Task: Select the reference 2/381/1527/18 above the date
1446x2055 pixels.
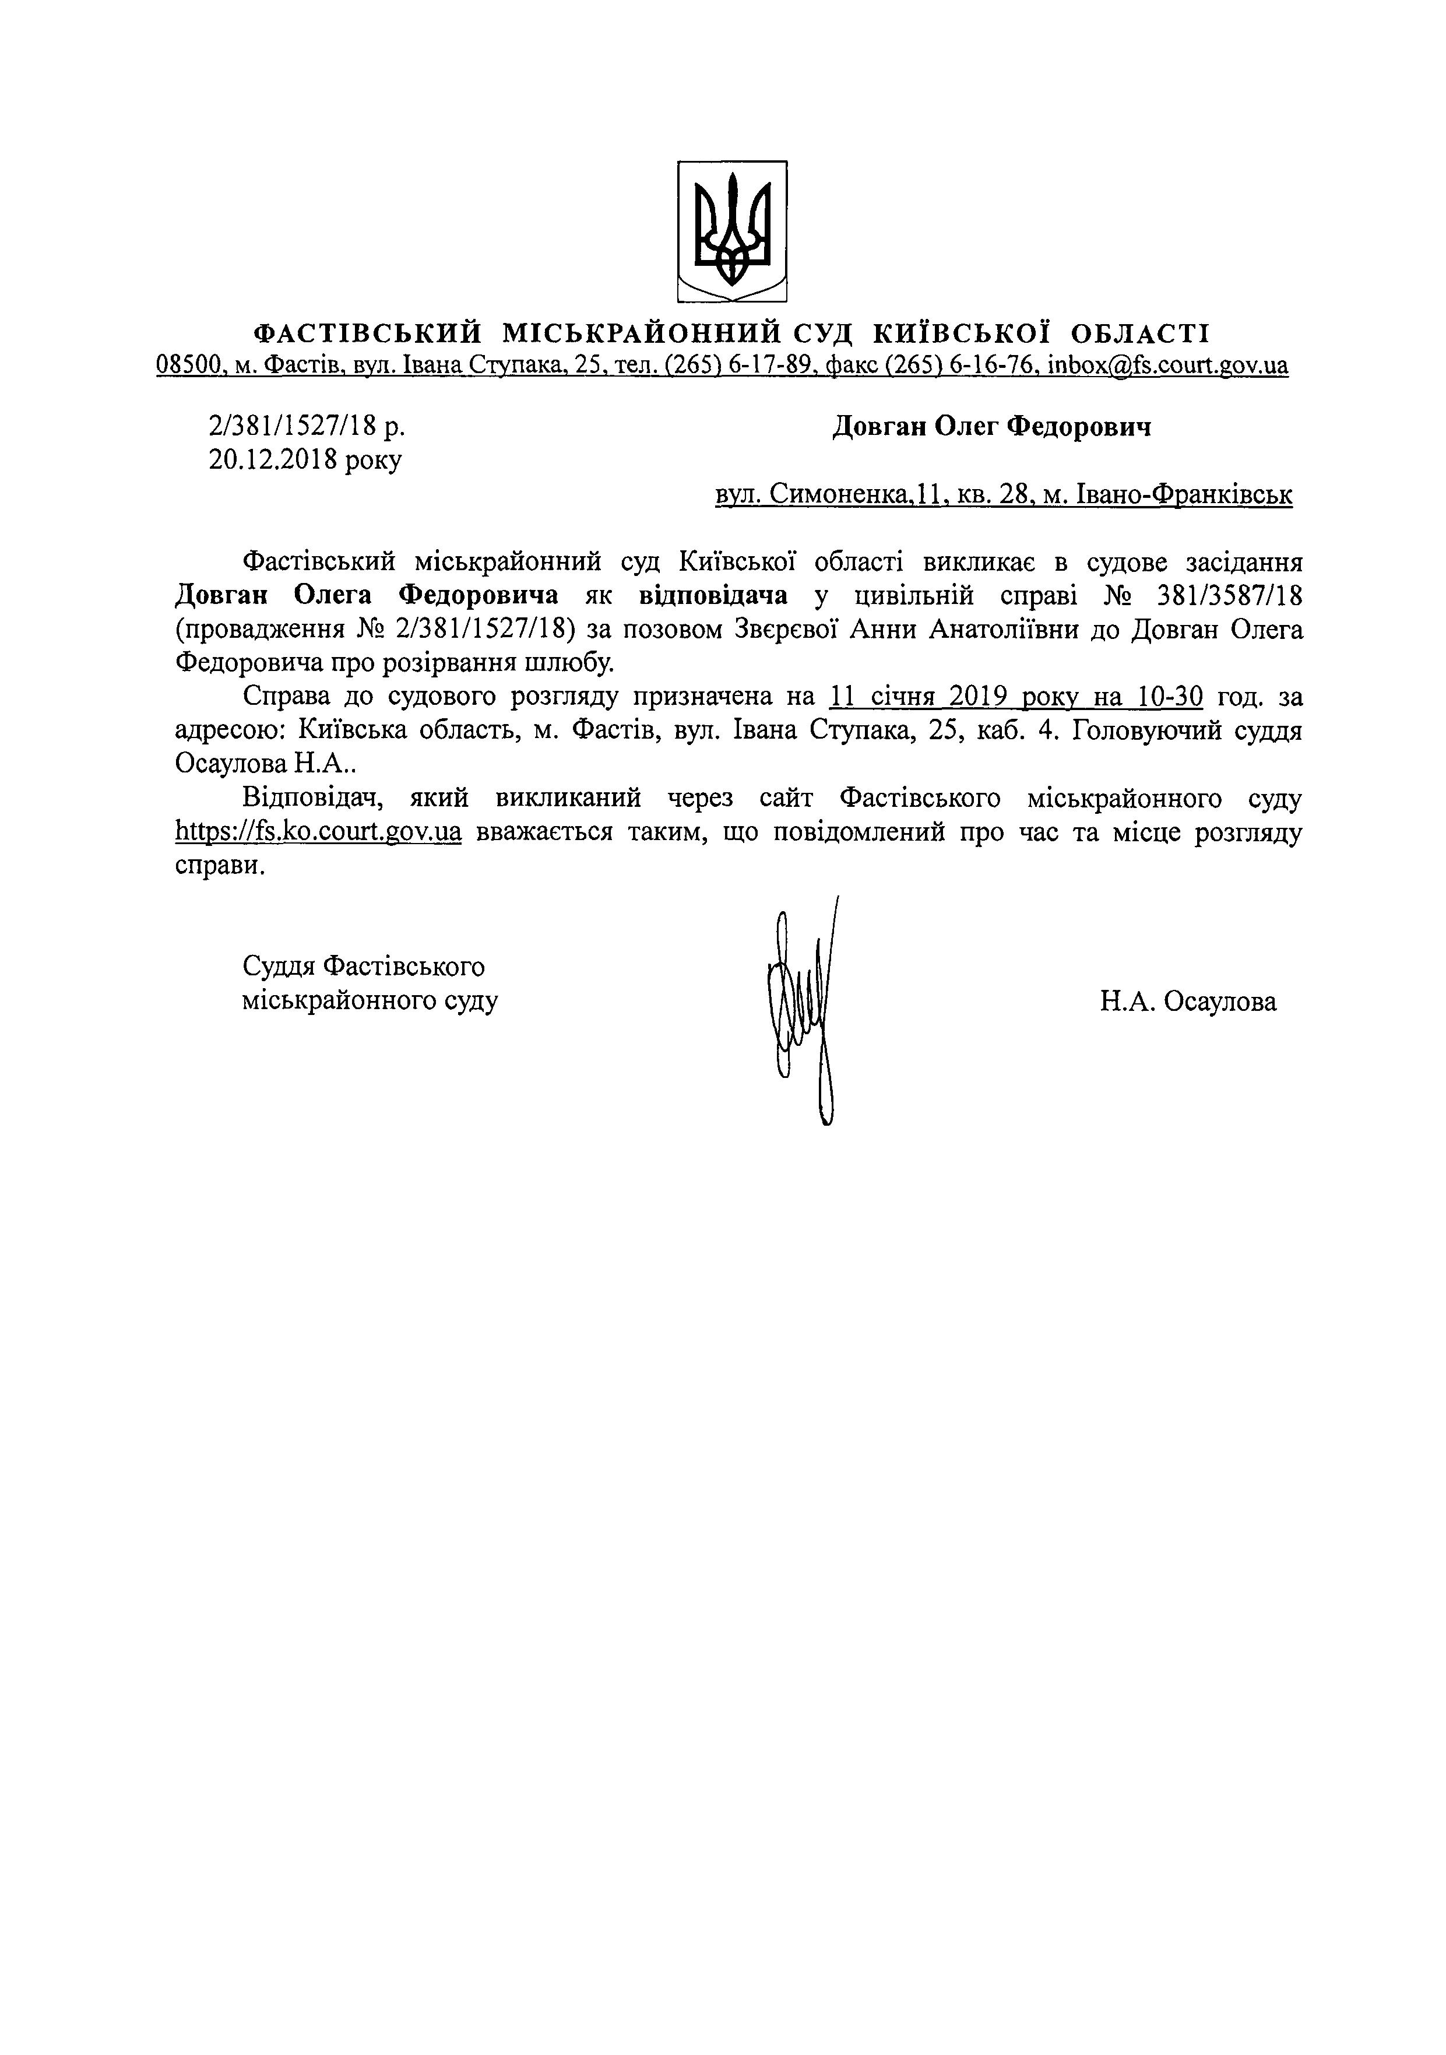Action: [x=291, y=427]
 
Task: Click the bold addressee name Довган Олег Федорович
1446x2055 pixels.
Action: [x=991, y=427]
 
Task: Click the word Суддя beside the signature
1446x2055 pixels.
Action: [x=278, y=967]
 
